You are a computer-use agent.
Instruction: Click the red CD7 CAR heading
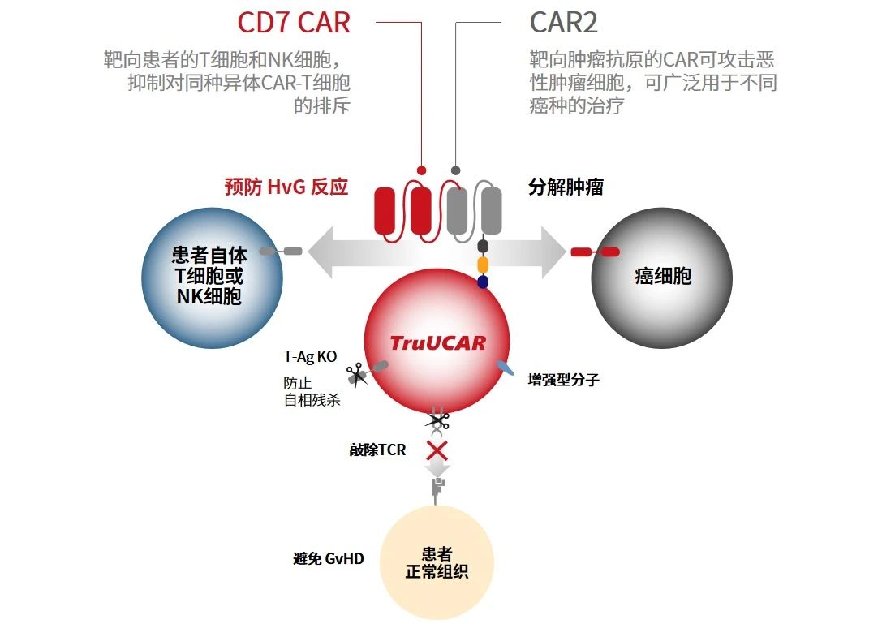[294, 23]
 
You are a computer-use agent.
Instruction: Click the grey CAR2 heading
[563, 23]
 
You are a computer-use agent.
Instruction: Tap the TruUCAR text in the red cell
[437, 342]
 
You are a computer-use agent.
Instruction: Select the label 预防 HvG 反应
[286, 187]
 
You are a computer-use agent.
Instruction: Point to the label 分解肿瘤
[566, 187]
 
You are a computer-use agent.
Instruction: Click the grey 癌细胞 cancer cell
[662, 277]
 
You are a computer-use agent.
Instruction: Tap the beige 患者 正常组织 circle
[437, 564]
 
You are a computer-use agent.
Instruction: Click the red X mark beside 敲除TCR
[437, 450]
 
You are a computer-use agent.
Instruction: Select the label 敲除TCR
[377, 450]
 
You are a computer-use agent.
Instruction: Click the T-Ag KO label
[310, 356]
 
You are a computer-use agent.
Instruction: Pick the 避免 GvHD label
[329, 559]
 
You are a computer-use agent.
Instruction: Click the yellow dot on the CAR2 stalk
[483, 265]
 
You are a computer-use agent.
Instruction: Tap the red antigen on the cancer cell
[595, 252]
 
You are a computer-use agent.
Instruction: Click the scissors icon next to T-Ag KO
[355, 374]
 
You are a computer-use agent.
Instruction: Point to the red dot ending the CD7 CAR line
[421, 170]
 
